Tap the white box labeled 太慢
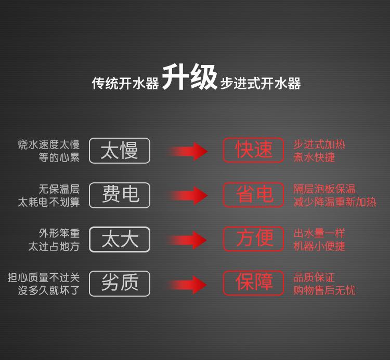[x=120, y=151]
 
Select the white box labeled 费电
[x=120, y=195]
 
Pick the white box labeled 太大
[x=120, y=239]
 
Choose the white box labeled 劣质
[x=120, y=284]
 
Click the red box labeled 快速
[x=253, y=150]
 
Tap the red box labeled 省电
[x=253, y=195]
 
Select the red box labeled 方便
[x=253, y=239]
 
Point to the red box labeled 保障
[x=253, y=283]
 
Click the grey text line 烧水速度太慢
[x=49, y=144]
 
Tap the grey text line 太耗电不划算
[x=49, y=202]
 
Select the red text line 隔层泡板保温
[x=324, y=189]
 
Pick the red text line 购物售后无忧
[x=324, y=290]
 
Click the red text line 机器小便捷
[x=319, y=246]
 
